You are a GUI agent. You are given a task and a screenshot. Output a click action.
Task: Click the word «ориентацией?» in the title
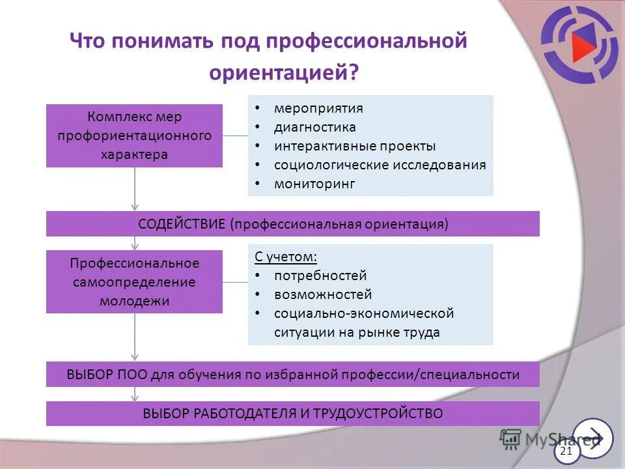pos(284,72)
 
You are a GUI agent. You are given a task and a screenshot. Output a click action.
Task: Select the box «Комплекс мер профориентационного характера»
pos(134,135)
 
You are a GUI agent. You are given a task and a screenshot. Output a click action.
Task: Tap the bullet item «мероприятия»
pos(318,108)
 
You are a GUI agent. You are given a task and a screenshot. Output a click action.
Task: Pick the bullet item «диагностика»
pos(314,127)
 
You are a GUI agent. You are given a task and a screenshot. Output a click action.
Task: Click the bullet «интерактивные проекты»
pos(355,146)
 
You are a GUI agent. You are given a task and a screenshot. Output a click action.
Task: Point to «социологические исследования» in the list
pos(380,165)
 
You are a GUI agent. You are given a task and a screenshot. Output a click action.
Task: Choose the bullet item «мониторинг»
pos(314,184)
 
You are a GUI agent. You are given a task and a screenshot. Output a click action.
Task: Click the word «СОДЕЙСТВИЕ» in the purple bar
pos(182,224)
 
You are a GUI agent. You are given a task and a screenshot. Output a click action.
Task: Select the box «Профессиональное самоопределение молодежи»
pos(134,281)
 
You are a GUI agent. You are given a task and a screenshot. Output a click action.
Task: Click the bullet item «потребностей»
pos(320,276)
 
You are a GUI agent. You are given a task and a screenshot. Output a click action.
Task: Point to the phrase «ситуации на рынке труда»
pos(357,332)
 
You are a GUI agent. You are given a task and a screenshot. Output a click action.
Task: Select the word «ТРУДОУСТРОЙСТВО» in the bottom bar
pos(378,414)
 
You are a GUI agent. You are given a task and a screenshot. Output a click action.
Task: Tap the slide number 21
pos(566,451)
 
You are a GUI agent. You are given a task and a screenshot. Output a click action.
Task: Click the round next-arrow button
pos(594,438)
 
